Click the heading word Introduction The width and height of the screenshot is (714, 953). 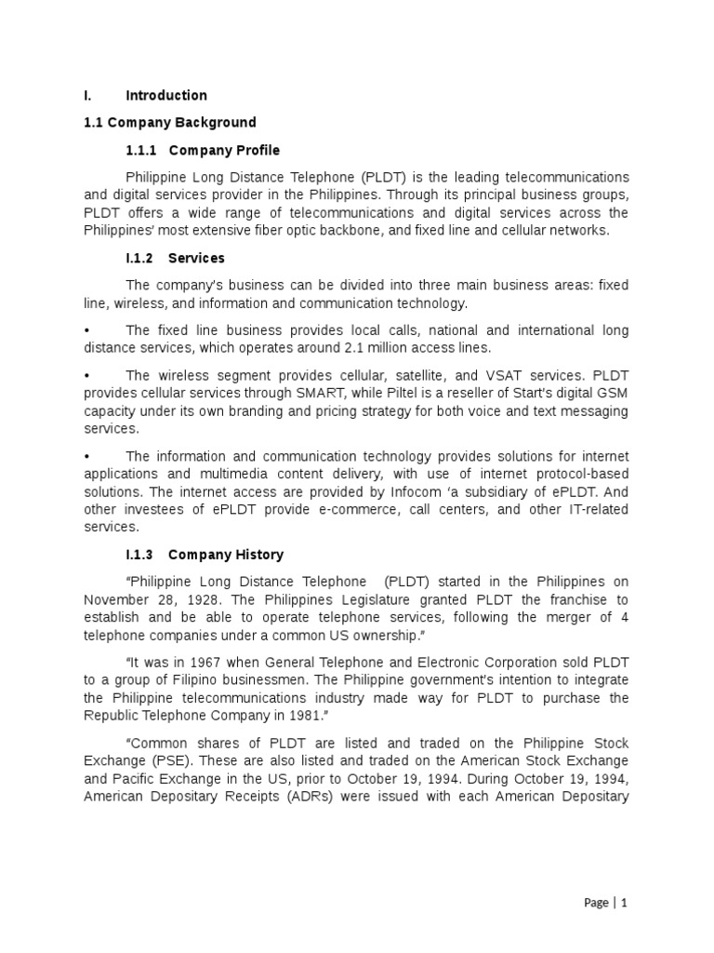click(165, 95)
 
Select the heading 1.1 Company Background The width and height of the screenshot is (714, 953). click(169, 122)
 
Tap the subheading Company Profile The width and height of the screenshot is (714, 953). click(224, 150)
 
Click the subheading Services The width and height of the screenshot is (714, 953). click(196, 258)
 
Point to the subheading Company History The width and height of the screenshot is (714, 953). click(226, 555)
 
